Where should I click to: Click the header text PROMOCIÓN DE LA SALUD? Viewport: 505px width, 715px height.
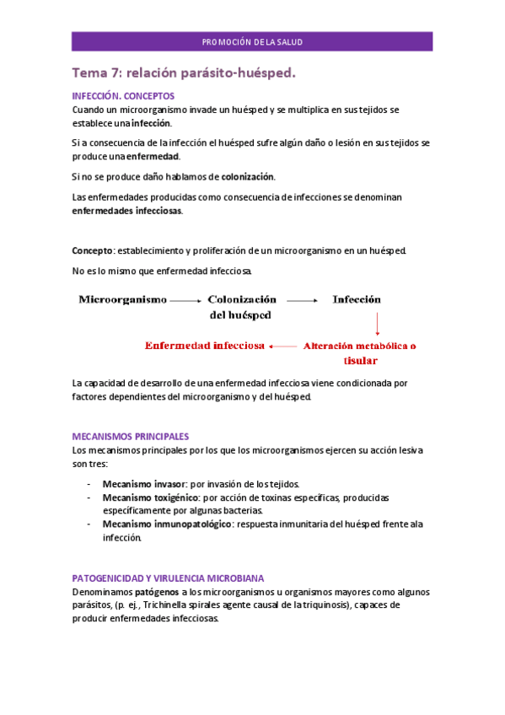252,42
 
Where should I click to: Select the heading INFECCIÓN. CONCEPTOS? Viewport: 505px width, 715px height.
123,96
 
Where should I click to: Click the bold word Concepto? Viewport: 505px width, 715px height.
92,250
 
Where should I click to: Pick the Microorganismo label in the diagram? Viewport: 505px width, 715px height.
122,299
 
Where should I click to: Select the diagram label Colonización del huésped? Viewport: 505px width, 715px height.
241,307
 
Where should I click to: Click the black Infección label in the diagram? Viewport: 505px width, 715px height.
356,299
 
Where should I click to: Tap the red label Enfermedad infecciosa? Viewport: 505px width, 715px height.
205,345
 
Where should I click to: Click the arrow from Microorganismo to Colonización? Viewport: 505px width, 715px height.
185,300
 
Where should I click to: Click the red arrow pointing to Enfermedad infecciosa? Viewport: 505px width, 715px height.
284,346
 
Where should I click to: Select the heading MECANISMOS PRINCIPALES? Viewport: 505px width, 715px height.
130,436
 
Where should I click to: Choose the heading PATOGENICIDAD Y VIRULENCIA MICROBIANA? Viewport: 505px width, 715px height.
168,578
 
